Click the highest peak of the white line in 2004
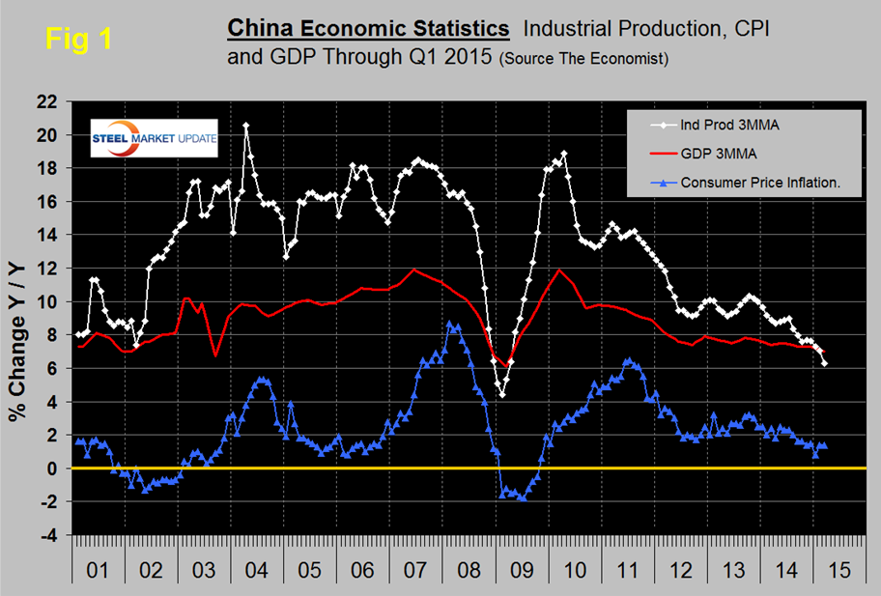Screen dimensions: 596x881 [x=246, y=125]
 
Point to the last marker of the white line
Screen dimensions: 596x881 [x=825, y=363]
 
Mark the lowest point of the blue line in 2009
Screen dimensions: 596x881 [x=523, y=497]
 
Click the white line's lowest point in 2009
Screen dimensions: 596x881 [x=502, y=394]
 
